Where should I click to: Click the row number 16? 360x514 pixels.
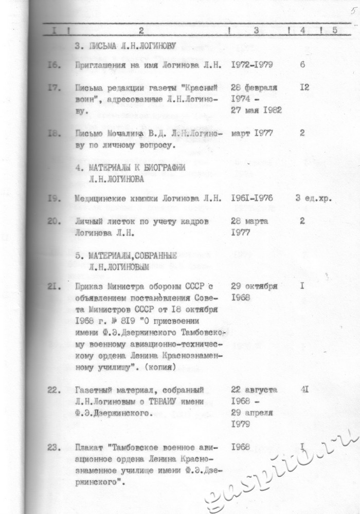55,66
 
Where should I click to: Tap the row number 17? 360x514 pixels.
55,87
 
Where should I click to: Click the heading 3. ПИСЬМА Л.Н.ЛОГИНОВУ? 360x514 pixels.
125,46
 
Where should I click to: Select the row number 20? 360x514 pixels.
55,221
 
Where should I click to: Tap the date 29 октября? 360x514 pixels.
255,286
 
